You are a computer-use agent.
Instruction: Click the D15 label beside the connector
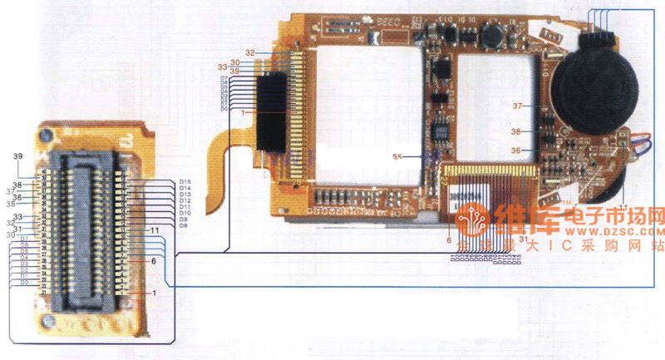coord(185,181)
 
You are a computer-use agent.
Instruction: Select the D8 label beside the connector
coord(184,226)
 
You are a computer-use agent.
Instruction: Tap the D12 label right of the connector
coord(185,200)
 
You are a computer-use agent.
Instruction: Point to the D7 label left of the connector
coord(25,239)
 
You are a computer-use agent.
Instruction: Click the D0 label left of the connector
coord(24,283)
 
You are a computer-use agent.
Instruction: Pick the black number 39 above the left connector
coord(17,156)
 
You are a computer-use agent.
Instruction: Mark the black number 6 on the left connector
coord(154,261)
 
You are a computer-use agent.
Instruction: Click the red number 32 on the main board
coord(250,52)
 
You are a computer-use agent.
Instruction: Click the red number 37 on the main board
coord(516,106)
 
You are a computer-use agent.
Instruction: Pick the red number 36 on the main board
coord(515,150)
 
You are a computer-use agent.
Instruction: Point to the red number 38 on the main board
coord(516,131)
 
